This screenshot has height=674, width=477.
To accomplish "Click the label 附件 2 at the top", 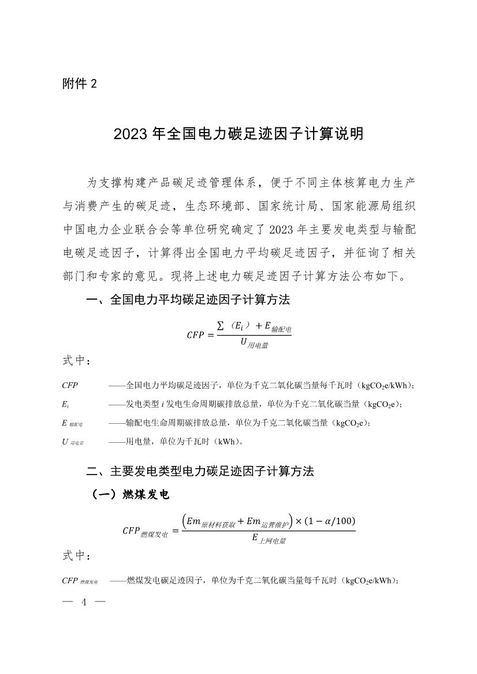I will (x=80, y=84).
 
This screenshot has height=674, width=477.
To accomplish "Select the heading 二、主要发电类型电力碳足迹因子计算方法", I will (x=200, y=470).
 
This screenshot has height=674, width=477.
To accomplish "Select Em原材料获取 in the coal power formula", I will (x=208, y=522).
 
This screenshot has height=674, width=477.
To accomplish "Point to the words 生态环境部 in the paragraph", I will (x=214, y=207).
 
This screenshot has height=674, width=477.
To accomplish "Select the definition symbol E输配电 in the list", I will (x=72, y=423).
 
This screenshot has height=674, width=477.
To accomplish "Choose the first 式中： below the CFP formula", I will (x=76, y=361).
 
